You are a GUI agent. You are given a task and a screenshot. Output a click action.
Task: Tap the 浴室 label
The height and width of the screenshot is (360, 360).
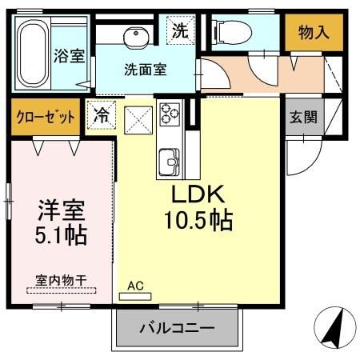tap(70, 57)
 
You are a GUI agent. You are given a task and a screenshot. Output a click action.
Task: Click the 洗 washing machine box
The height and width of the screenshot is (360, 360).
tap(180, 32)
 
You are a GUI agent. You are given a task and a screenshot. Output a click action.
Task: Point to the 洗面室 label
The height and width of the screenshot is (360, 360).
tap(146, 69)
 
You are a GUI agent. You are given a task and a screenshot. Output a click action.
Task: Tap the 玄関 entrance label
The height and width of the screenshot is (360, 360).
tap(303, 117)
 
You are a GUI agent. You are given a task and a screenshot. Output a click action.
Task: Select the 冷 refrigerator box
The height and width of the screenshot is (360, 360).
tap(102, 114)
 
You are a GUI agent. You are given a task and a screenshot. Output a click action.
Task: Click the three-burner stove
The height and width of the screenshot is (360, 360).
tap(170, 114)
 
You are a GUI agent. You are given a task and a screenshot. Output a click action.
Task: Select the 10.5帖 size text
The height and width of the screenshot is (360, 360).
tap(199, 220)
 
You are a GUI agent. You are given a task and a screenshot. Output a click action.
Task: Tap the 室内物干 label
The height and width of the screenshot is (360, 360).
tap(61, 279)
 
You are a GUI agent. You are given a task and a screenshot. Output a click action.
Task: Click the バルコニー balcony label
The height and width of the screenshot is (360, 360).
tap(177, 328)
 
